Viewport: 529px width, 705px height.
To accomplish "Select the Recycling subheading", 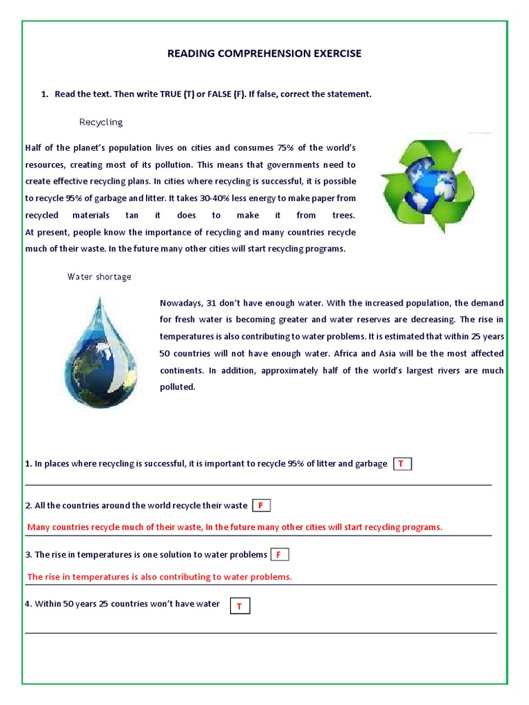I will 101,122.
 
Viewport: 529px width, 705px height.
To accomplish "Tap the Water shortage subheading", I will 99,277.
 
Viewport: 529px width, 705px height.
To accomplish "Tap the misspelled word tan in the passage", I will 132,215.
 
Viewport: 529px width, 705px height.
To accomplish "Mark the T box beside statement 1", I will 402,464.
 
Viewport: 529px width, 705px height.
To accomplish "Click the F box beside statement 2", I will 261,505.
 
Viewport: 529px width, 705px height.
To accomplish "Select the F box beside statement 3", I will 279,554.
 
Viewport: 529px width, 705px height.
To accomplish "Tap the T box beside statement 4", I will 239,606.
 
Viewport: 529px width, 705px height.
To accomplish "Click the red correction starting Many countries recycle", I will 234,527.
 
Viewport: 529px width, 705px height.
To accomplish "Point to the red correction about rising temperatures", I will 159,577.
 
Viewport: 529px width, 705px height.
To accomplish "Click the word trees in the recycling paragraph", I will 342,215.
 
